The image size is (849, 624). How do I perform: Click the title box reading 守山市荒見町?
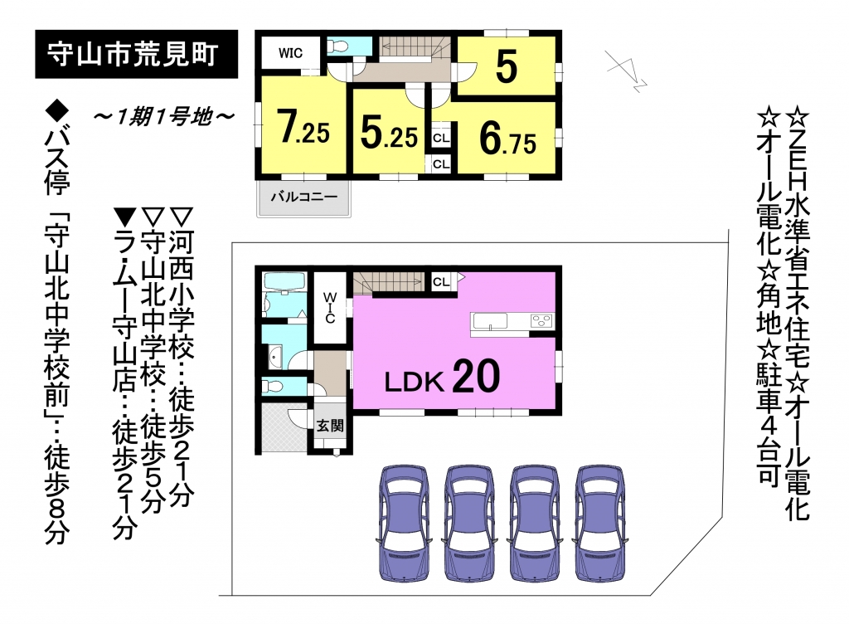click(137, 54)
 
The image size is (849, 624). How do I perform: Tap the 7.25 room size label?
click(303, 128)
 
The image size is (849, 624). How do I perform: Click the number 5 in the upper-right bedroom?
click(507, 66)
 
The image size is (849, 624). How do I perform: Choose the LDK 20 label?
click(442, 378)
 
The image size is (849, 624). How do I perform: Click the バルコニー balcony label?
click(303, 197)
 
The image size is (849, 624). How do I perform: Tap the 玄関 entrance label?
click(330, 426)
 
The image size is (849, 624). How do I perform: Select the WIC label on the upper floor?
click(291, 53)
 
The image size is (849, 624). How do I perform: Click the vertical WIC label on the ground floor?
click(330, 308)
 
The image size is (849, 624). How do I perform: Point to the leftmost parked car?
click(404, 523)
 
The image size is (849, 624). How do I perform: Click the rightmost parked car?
click(600, 523)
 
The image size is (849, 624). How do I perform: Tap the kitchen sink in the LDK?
click(490, 321)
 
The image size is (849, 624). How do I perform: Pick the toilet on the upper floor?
click(338, 46)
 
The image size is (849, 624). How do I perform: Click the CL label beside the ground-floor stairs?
click(441, 281)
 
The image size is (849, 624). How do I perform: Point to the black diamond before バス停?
click(57, 110)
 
